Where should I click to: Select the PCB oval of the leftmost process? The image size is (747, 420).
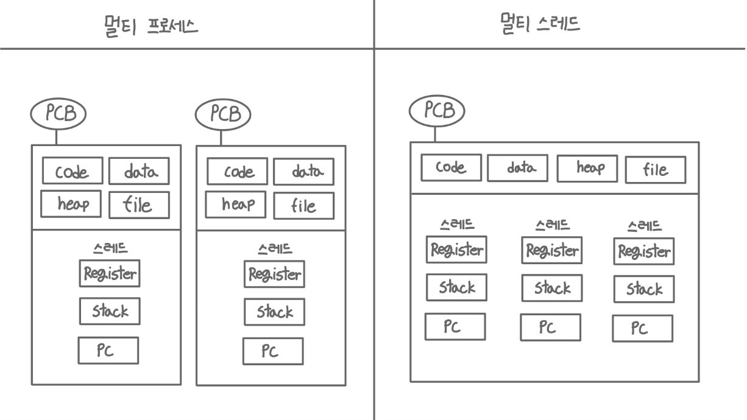(58, 114)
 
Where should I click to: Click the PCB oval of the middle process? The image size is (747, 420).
(223, 114)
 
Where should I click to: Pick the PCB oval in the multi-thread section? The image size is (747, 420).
(436, 111)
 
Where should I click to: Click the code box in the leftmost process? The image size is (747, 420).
(73, 170)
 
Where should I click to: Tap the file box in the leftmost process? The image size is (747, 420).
(139, 205)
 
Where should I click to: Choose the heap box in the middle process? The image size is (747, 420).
(236, 204)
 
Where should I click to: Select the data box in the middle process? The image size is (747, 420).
(303, 171)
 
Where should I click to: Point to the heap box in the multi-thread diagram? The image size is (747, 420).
(587, 169)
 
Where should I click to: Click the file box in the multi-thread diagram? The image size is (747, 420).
(655, 170)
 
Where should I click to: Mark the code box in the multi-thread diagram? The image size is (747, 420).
(451, 167)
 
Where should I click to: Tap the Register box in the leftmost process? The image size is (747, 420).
(110, 273)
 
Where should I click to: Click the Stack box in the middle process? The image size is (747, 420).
(274, 312)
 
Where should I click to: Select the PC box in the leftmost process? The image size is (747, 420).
(108, 350)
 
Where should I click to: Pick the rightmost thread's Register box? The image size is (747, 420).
(643, 251)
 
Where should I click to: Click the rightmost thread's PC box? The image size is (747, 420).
(642, 329)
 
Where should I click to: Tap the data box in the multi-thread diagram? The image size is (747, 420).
(517, 168)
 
